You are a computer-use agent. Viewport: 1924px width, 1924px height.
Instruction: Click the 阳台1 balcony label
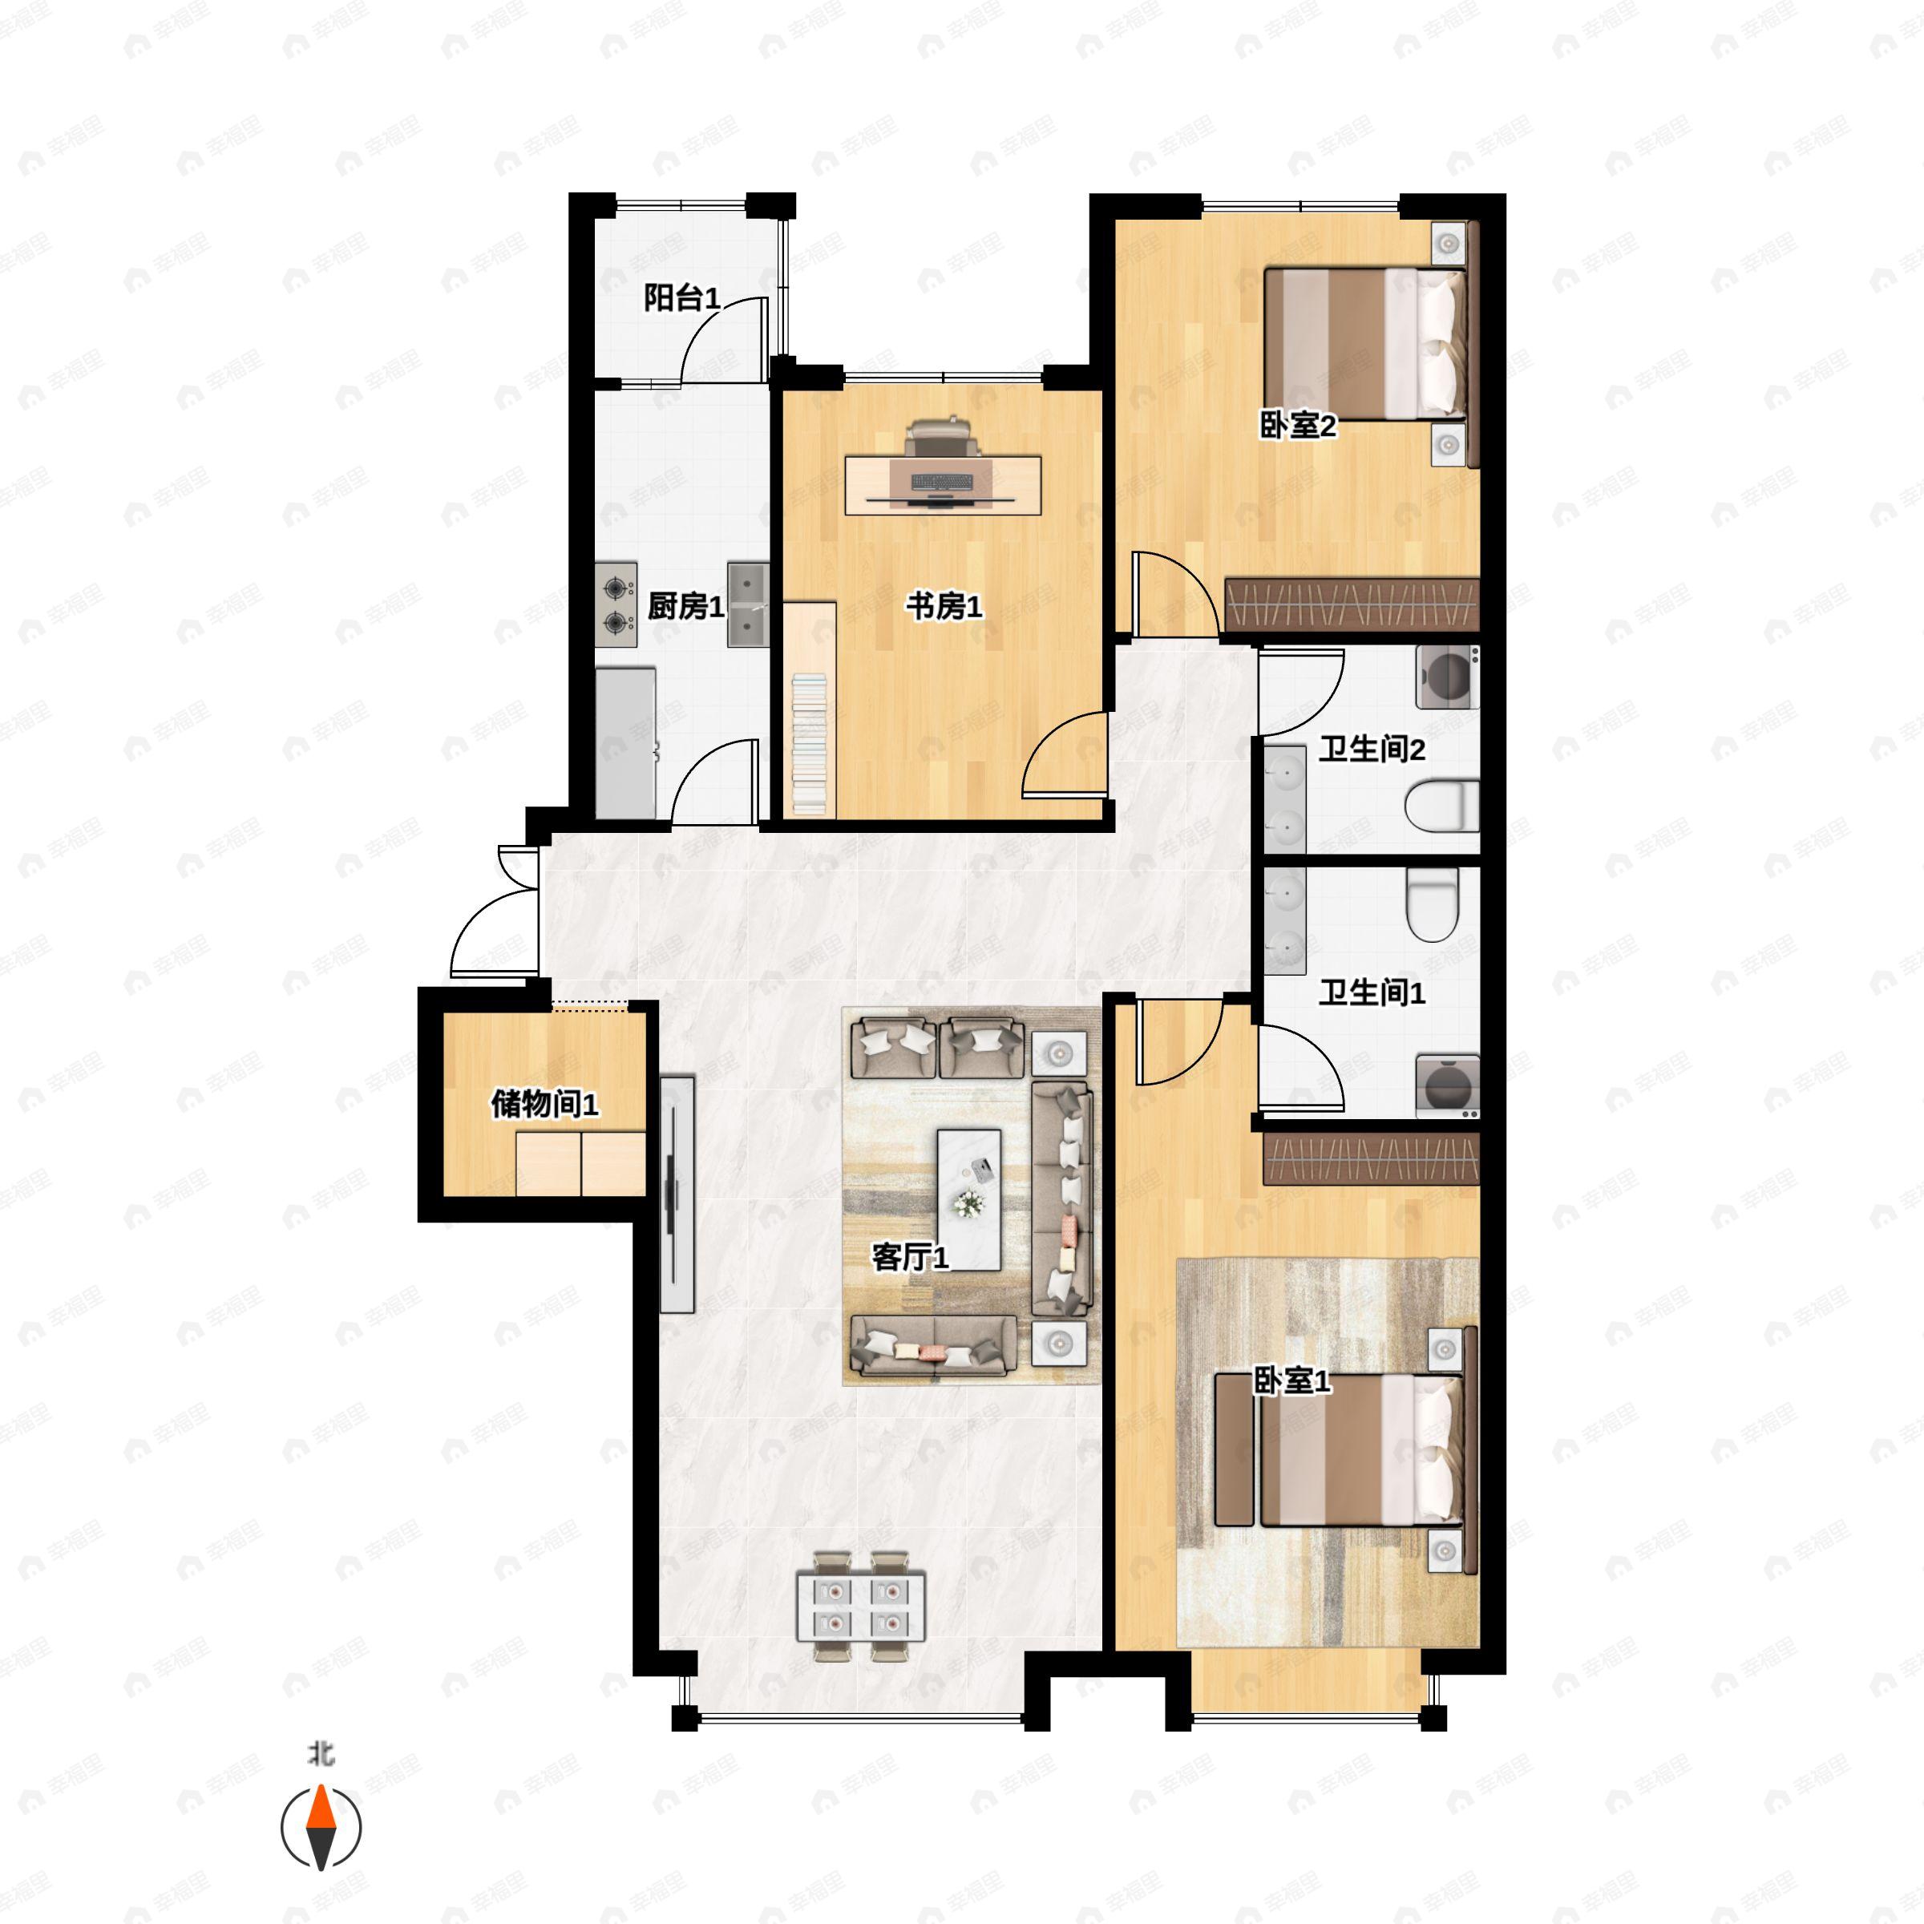click(x=681, y=297)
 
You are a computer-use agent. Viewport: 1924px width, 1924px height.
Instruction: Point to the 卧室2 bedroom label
click(x=1298, y=426)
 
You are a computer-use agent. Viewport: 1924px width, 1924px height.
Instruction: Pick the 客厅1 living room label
click(x=910, y=1257)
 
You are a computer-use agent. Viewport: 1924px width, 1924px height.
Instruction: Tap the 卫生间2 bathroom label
click(x=1372, y=749)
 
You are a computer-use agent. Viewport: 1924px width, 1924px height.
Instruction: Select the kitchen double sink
click(x=748, y=604)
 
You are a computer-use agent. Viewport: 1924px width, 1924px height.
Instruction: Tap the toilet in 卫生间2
click(x=1442, y=806)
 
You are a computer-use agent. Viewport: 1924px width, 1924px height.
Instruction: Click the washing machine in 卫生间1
click(x=1447, y=1085)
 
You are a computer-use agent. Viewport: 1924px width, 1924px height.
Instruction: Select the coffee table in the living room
click(x=969, y=1200)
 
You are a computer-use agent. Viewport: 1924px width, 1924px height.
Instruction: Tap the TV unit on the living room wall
click(x=676, y=1193)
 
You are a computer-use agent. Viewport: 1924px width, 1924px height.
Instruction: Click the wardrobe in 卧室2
click(x=1352, y=604)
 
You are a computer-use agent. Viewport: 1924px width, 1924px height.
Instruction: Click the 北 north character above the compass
click(x=321, y=1755)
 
